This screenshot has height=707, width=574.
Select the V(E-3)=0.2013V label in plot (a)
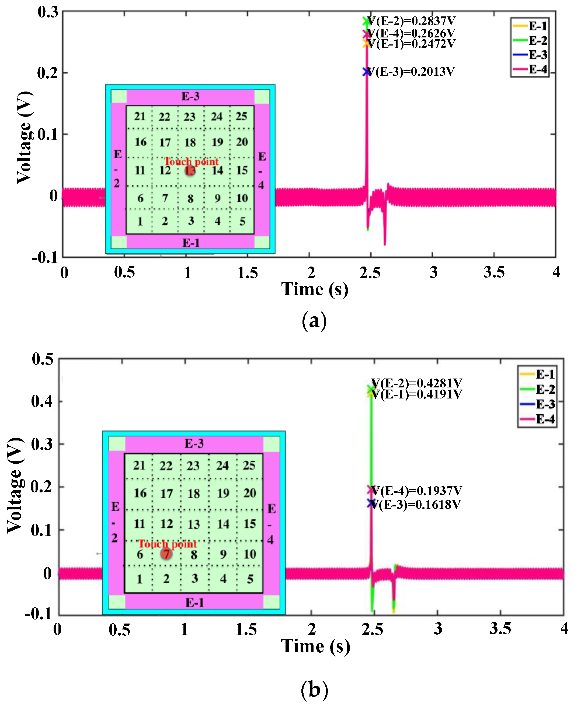point(411,71)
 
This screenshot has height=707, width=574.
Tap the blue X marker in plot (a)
point(366,71)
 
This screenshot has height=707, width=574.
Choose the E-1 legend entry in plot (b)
point(537,374)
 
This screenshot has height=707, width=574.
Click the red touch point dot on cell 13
point(190,170)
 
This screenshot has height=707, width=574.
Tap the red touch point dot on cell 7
point(166,553)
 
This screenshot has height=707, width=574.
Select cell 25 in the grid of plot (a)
point(241,116)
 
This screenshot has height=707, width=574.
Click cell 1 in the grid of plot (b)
point(139,579)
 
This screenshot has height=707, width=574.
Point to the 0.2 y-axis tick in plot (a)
point(48,73)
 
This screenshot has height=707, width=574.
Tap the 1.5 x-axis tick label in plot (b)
point(246,629)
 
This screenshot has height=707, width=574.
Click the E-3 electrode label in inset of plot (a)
point(190,96)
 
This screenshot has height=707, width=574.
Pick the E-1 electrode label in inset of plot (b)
point(194,602)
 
